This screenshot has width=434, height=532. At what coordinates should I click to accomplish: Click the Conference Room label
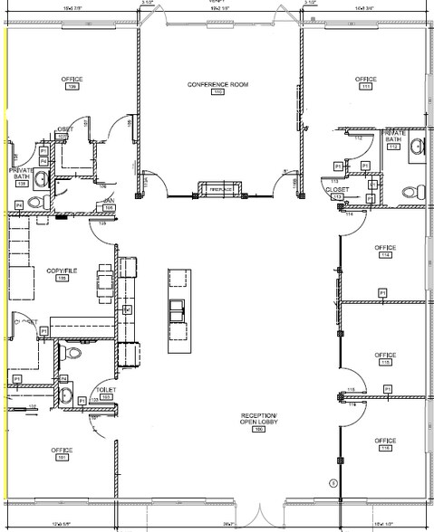(217, 84)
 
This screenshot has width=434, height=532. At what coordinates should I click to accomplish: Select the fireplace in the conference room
(217, 189)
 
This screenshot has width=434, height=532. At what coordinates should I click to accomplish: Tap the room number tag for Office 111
(366, 88)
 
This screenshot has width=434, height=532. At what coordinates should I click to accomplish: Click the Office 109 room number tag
(71, 88)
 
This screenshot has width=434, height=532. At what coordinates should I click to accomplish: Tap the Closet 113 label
(336, 191)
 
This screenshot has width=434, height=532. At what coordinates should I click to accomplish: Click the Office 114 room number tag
(386, 256)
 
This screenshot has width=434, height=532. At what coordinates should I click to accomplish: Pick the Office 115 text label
(386, 355)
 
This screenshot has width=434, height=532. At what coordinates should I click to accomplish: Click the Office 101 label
(62, 450)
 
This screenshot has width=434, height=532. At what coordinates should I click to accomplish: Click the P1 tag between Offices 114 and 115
(382, 292)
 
